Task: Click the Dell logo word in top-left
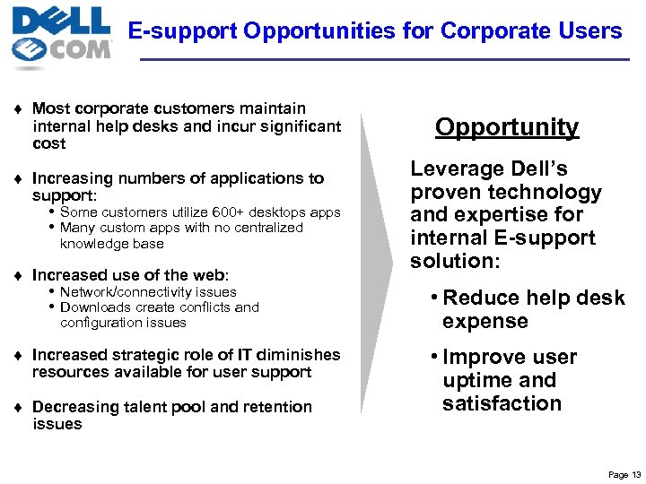click(61, 20)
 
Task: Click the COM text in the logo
click(78, 48)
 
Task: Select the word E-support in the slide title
click(182, 31)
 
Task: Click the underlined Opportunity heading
click(507, 127)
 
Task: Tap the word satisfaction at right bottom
click(502, 403)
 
